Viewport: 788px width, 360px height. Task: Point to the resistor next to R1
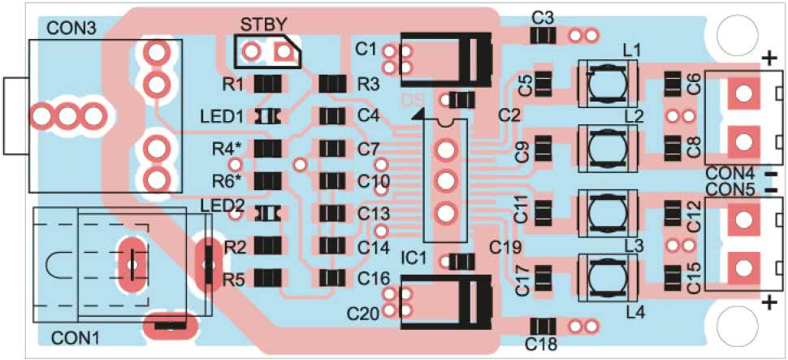click(x=269, y=84)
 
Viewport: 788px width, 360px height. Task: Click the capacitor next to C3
click(x=543, y=36)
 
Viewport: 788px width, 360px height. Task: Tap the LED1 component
click(x=269, y=116)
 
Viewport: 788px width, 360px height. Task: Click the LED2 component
click(x=269, y=213)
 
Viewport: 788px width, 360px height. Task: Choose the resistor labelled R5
click(x=269, y=277)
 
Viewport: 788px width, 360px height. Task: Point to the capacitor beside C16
click(x=332, y=277)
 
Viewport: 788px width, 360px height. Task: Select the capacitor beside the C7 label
click(x=332, y=149)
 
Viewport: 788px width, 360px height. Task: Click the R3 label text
click(x=368, y=84)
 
